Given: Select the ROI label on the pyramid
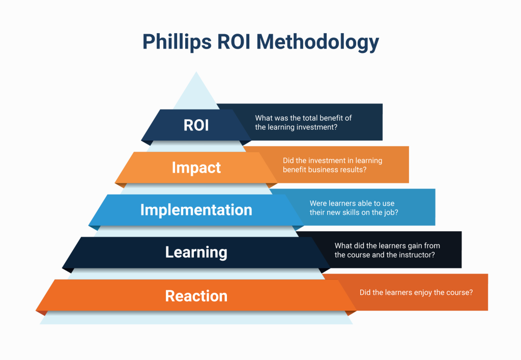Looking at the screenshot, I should pos(196,125).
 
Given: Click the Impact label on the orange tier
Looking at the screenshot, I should pos(196,168).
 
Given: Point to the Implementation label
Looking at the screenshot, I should pos(196,210).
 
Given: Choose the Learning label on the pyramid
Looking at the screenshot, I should pos(196,252).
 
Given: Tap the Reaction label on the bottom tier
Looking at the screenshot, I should pos(196,296).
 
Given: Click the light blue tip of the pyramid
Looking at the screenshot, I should pos(196,92).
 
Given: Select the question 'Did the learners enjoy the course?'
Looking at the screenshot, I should pos(416,293).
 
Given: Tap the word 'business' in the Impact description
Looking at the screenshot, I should pos(325,170).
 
